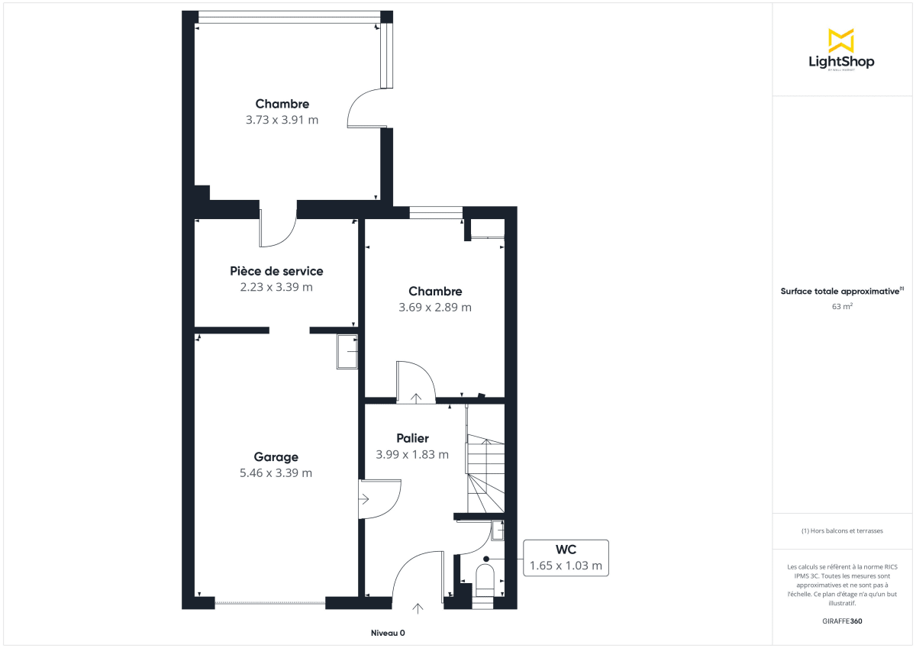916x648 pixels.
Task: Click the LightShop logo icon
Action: tap(841, 40)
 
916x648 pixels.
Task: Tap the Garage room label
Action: tap(276, 456)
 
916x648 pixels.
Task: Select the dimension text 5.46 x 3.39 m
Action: tap(276, 473)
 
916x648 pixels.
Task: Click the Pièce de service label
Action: tap(276, 271)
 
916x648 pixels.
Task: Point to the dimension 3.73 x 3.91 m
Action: tap(282, 120)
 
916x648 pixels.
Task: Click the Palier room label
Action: tap(412, 438)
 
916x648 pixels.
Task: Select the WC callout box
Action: tap(566, 558)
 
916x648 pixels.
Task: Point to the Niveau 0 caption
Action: tap(388, 633)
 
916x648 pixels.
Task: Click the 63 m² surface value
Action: tap(841, 307)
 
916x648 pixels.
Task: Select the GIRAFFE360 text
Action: tap(841, 621)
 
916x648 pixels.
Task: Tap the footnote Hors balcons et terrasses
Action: tap(841, 530)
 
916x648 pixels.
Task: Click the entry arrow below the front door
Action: tap(418, 608)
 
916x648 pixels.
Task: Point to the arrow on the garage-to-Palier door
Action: tap(366, 500)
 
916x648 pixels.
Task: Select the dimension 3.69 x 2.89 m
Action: tap(434, 308)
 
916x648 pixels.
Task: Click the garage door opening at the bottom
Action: tap(270, 603)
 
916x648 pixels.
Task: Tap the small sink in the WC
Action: tap(498, 529)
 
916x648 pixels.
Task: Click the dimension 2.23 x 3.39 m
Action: tap(276, 288)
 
